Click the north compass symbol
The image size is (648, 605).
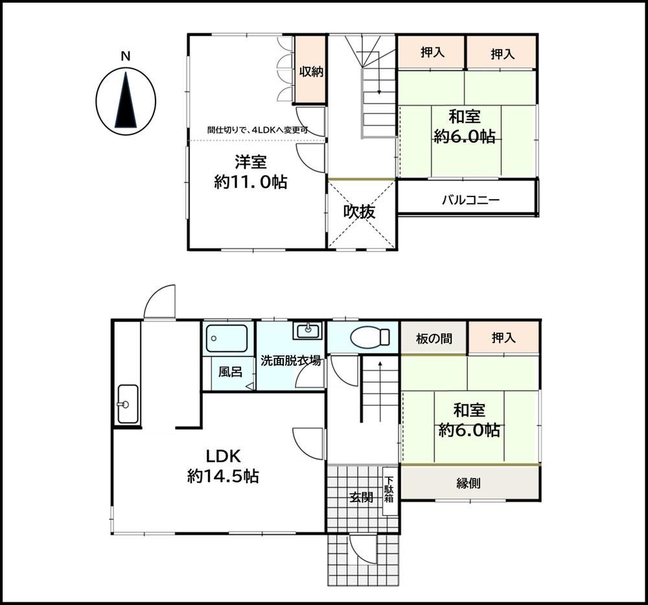click(x=126, y=101)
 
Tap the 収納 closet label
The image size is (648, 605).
click(x=311, y=71)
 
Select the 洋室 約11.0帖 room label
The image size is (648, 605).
click(x=250, y=172)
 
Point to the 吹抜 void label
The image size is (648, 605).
click(x=359, y=212)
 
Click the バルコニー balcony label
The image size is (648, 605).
click(x=470, y=200)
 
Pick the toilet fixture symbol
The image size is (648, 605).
click(x=370, y=337)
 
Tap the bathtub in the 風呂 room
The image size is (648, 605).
click(x=227, y=338)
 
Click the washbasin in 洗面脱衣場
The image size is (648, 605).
click(x=307, y=331)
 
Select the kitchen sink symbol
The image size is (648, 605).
click(x=128, y=404)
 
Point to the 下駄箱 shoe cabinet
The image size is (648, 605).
click(x=389, y=491)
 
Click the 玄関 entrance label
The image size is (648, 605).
click(x=361, y=497)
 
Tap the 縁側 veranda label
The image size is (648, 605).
click(x=469, y=483)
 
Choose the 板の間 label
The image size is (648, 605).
click(x=434, y=339)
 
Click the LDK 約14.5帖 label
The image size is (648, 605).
click(x=223, y=466)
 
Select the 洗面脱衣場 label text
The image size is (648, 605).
click(x=290, y=361)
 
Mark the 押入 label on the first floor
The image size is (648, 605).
click(x=503, y=338)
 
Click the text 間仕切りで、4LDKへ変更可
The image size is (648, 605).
click(x=258, y=130)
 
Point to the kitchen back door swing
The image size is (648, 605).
click(x=159, y=302)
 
